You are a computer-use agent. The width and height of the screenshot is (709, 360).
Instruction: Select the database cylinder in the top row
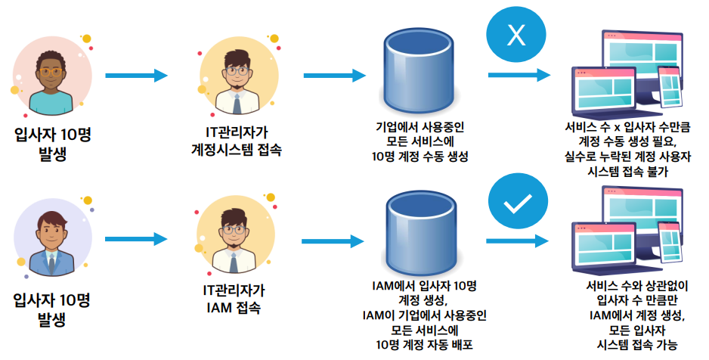tap(409, 64)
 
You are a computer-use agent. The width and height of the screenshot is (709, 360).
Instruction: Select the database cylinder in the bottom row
tap(409, 229)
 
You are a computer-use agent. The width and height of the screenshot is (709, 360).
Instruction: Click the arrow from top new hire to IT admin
tap(136, 76)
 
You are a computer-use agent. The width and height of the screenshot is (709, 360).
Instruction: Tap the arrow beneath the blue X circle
tap(519, 76)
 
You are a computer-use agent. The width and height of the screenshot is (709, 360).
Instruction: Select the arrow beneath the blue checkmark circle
tap(519, 241)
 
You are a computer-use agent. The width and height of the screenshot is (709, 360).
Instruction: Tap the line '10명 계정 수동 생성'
tap(420, 157)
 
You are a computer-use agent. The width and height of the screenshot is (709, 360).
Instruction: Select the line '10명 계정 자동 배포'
tap(424, 345)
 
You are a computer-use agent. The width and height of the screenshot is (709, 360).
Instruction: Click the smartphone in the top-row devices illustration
tap(668, 85)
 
